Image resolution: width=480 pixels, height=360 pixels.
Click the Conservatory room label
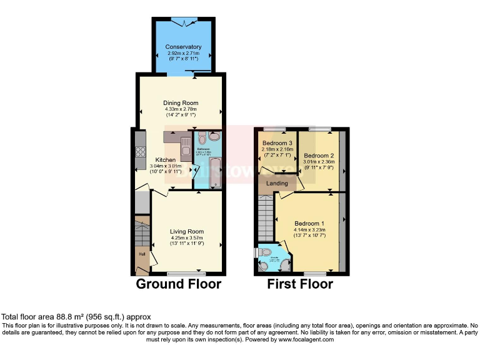point(183,47)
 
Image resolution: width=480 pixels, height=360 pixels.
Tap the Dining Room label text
point(181,103)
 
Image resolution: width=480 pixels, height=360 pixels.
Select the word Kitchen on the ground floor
point(165,160)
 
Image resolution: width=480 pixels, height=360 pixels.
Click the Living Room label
point(187,231)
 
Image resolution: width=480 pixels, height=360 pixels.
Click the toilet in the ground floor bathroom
point(215,136)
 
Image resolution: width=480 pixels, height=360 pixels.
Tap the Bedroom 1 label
point(309,224)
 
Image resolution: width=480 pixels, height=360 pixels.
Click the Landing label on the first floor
point(277,184)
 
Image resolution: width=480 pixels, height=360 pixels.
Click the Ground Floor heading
point(179,284)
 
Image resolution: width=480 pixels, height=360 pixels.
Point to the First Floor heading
point(300,284)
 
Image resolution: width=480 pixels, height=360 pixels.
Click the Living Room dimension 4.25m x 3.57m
point(187,237)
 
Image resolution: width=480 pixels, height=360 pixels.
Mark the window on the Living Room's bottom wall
point(186,273)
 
